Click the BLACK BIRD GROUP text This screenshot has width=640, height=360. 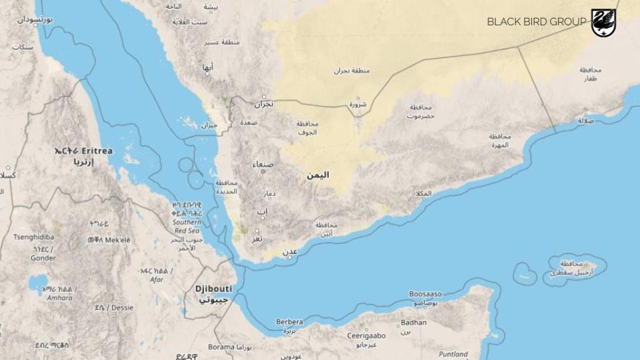(536, 22)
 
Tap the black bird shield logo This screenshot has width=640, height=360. (603, 22)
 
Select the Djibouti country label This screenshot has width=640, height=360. (213, 289)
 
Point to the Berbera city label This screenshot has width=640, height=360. (289, 322)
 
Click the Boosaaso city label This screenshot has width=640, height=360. (426, 294)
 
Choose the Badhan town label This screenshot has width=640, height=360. (413, 323)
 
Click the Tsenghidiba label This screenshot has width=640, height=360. (33, 237)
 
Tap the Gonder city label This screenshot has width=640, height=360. (43, 258)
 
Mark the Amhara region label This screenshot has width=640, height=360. (59, 297)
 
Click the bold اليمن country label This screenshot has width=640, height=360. (317, 175)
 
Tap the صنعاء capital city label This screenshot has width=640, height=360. (263, 164)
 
